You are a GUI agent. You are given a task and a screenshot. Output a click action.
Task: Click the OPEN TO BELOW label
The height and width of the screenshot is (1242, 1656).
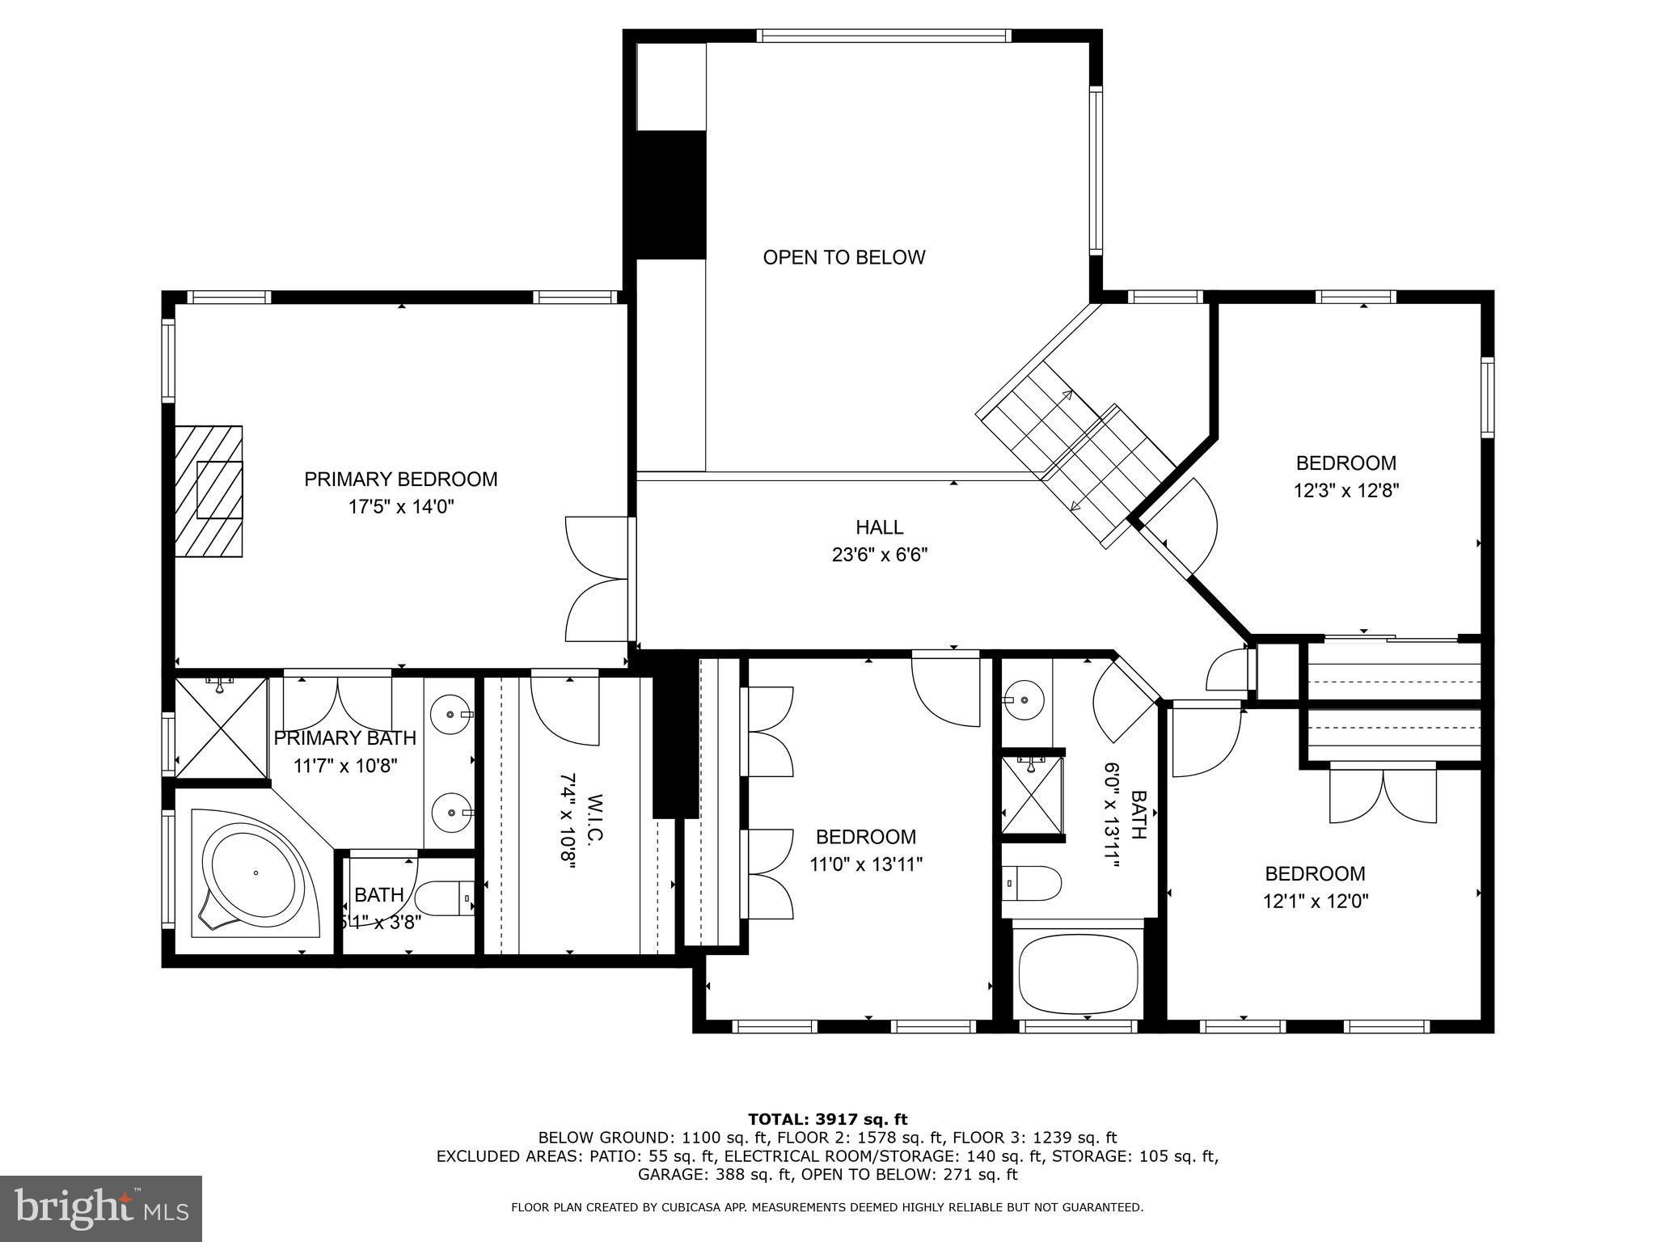[843, 257]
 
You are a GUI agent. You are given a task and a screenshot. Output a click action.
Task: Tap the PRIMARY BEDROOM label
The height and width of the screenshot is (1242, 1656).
[400, 479]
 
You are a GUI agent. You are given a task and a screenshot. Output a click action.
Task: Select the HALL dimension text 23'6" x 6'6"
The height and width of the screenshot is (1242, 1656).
[880, 555]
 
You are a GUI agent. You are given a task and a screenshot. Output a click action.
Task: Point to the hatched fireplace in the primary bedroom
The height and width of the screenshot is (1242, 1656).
[209, 491]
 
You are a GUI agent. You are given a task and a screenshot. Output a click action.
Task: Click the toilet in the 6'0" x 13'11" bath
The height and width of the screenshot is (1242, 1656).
[1032, 883]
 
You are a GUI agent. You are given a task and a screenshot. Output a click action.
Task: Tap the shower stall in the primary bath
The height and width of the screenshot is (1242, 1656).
[222, 727]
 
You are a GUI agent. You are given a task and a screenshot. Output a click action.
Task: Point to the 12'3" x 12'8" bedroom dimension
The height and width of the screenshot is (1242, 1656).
[1346, 490]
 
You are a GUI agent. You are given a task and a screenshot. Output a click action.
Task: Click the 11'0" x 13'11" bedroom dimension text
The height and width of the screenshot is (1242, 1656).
[866, 864]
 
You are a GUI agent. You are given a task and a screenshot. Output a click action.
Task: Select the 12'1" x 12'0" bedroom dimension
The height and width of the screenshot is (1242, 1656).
[1316, 901]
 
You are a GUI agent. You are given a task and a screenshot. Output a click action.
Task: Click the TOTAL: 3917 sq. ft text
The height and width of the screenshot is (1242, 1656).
[828, 1119]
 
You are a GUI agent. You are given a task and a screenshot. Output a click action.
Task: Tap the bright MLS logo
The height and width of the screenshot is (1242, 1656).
[101, 1208]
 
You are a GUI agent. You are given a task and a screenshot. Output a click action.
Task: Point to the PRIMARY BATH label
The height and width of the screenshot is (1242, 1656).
[344, 738]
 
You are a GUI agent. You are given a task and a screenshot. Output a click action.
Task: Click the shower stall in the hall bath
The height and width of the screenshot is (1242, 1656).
[1032, 796]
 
